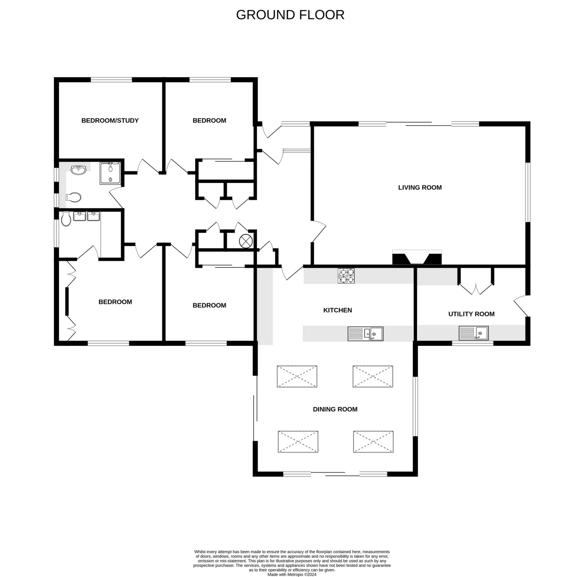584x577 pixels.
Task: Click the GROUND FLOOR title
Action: click(x=290, y=15)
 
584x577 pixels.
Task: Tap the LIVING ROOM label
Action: click(x=420, y=188)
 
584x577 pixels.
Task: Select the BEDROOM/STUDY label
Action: click(x=110, y=121)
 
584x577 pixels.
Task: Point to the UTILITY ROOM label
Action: click(x=471, y=314)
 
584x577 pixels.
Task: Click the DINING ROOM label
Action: click(x=335, y=409)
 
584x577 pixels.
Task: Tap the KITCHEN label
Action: click(x=337, y=310)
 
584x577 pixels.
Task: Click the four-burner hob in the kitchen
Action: click(x=346, y=275)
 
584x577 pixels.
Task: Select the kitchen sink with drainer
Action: click(x=365, y=334)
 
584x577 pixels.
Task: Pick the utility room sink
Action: click(x=474, y=333)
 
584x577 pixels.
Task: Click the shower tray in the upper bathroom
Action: click(x=110, y=173)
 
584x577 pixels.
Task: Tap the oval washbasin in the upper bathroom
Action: click(x=78, y=170)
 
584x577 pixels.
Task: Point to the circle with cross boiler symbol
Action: click(x=246, y=241)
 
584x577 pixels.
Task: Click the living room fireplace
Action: click(x=417, y=257)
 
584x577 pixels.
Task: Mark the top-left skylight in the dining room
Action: click(x=297, y=376)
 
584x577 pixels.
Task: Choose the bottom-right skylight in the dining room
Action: click(x=373, y=442)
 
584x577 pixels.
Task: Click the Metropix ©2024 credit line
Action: click(x=292, y=575)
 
